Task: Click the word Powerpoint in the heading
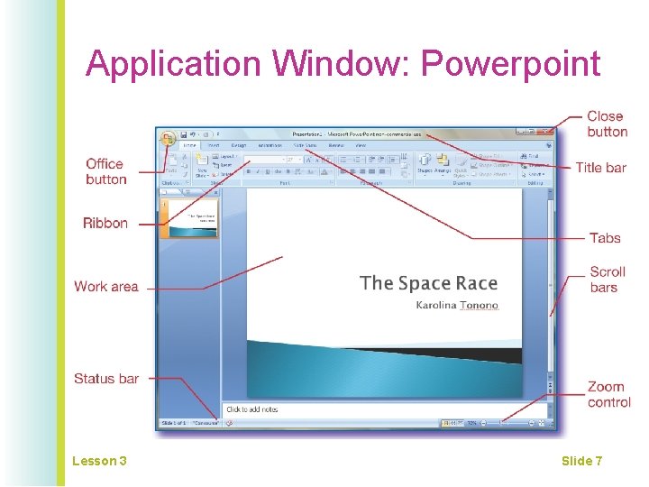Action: pos(510,65)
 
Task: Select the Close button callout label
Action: pos(607,124)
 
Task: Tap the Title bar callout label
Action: pos(600,167)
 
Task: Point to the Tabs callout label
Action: pos(605,238)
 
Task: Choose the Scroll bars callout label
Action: pos(608,280)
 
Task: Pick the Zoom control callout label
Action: pos(608,395)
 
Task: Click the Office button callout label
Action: pos(105,171)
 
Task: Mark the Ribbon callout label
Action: pos(105,223)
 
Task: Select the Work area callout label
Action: pos(106,287)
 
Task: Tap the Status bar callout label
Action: pos(106,379)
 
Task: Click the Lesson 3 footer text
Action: pos(99,461)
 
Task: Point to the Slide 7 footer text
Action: pos(581,461)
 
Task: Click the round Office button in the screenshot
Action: pos(168,138)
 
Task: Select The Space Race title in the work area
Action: pos(428,283)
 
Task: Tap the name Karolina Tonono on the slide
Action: pos(457,306)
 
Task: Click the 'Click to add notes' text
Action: pos(252,409)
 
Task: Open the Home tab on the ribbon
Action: pos(189,145)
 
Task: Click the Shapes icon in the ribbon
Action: pos(425,163)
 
